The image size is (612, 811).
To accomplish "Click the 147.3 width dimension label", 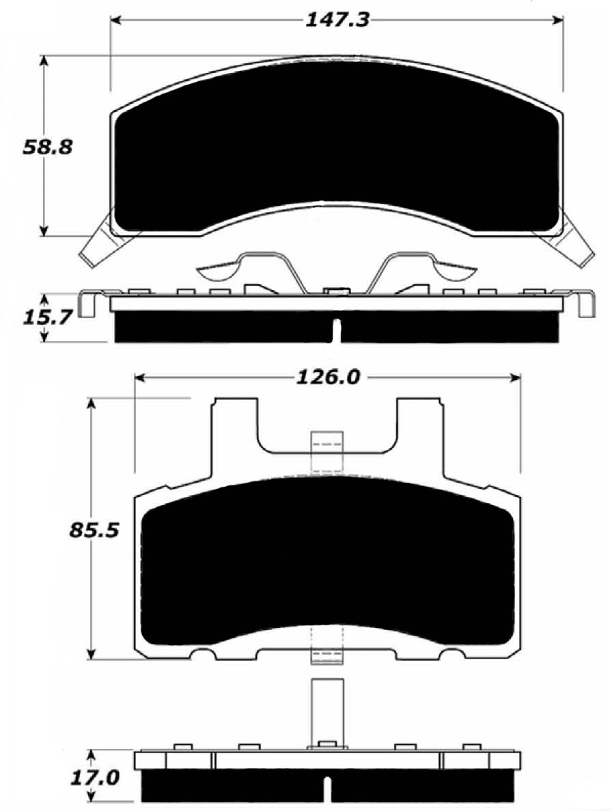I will click(x=337, y=19).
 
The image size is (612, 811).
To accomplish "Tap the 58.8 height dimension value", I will click(x=47, y=147).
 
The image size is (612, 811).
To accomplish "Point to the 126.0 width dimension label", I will click(x=327, y=378).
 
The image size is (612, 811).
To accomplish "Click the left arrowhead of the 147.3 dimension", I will click(x=117, y=20).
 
